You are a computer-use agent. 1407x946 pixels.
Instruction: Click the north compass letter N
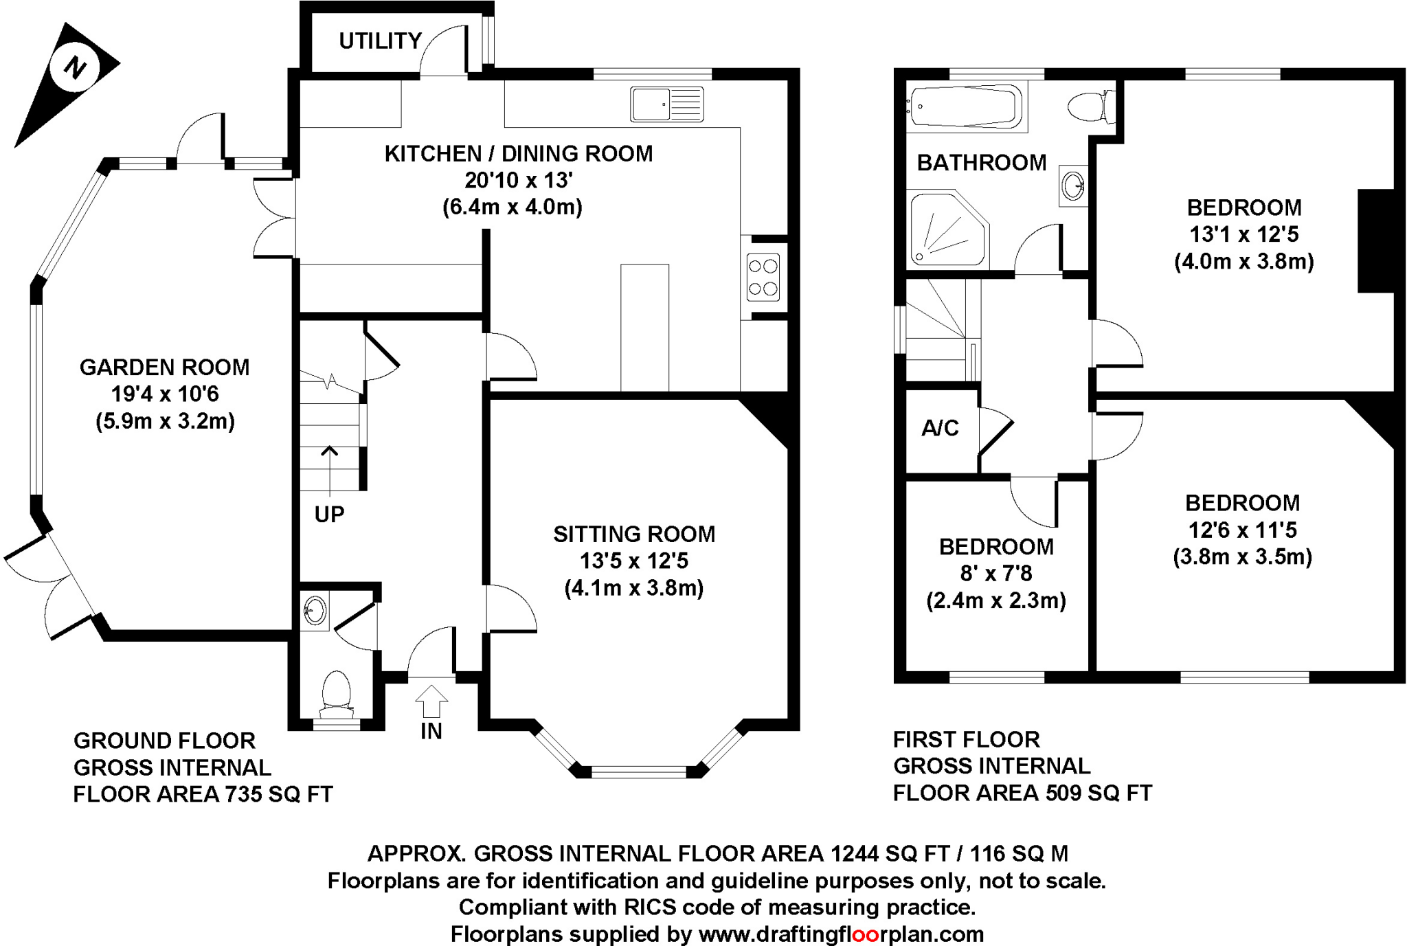point(74,67)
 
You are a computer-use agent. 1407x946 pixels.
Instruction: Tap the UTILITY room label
point(380,41)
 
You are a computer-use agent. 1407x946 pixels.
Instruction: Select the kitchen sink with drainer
point(666,104)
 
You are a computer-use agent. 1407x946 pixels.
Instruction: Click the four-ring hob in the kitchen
point(763,278)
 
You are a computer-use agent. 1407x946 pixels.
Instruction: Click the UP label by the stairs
point(329,514)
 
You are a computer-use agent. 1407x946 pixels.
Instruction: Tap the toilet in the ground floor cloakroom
point(337,690)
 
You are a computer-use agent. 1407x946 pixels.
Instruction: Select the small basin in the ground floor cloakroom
point(315,610)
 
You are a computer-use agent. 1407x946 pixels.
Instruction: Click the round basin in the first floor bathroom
point(1072,185)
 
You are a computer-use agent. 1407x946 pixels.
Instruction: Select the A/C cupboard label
point(939,429)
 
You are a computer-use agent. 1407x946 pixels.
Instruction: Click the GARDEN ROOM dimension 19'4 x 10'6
point(164,394)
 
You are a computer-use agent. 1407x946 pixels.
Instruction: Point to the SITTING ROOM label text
point(633,534)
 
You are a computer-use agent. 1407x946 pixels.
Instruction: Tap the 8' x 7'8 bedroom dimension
point(995,573)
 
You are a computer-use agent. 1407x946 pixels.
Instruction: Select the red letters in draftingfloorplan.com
point(870,934)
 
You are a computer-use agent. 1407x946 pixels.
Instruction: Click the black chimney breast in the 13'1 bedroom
point(1375,240)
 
